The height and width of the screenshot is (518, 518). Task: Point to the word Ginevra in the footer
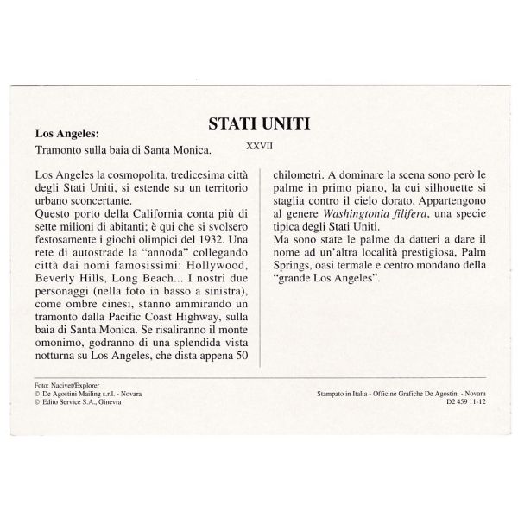click(107, 400)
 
